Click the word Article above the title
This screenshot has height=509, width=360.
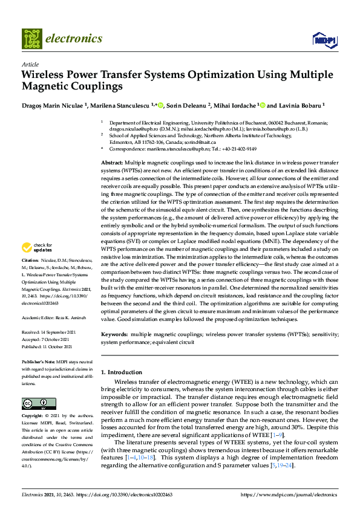pyautogui.click(x=30, y=64)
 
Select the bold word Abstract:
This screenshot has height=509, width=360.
pyautogui.click(x=112, y=164)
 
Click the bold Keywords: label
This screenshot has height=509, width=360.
pyautogui.click(x=114, y=334)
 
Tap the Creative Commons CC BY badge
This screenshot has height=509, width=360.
pyautogui.click(x=34, y=403)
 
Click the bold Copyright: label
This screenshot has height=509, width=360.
pyautogui.click(x=34, y=417)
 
